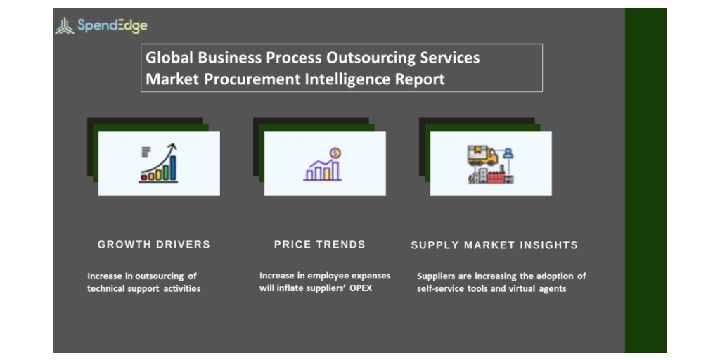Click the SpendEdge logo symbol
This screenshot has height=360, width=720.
pos(64,26)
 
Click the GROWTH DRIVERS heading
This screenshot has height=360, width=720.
pos(154,244)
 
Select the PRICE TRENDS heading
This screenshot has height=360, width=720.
pos(320,244)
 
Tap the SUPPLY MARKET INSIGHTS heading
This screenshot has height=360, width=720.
pos(494,245)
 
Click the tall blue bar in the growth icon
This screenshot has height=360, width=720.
pos(173,167)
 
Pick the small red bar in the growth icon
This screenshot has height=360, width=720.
pos(144,176)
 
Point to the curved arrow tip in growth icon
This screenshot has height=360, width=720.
pos(173,147)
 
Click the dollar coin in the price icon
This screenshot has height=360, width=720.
pos(335,153)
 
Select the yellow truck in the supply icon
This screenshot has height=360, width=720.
pos(482,155)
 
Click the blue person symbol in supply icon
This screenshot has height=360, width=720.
pos(508,153)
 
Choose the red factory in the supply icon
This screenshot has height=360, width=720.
pos(496,176)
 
